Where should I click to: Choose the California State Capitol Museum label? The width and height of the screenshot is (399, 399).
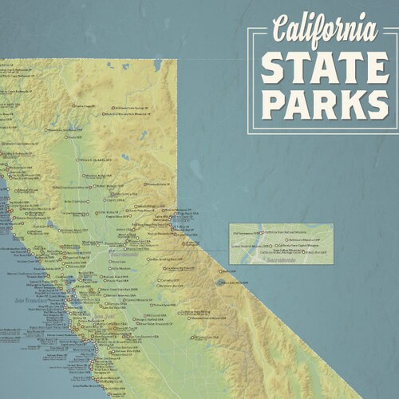point(292,246)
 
